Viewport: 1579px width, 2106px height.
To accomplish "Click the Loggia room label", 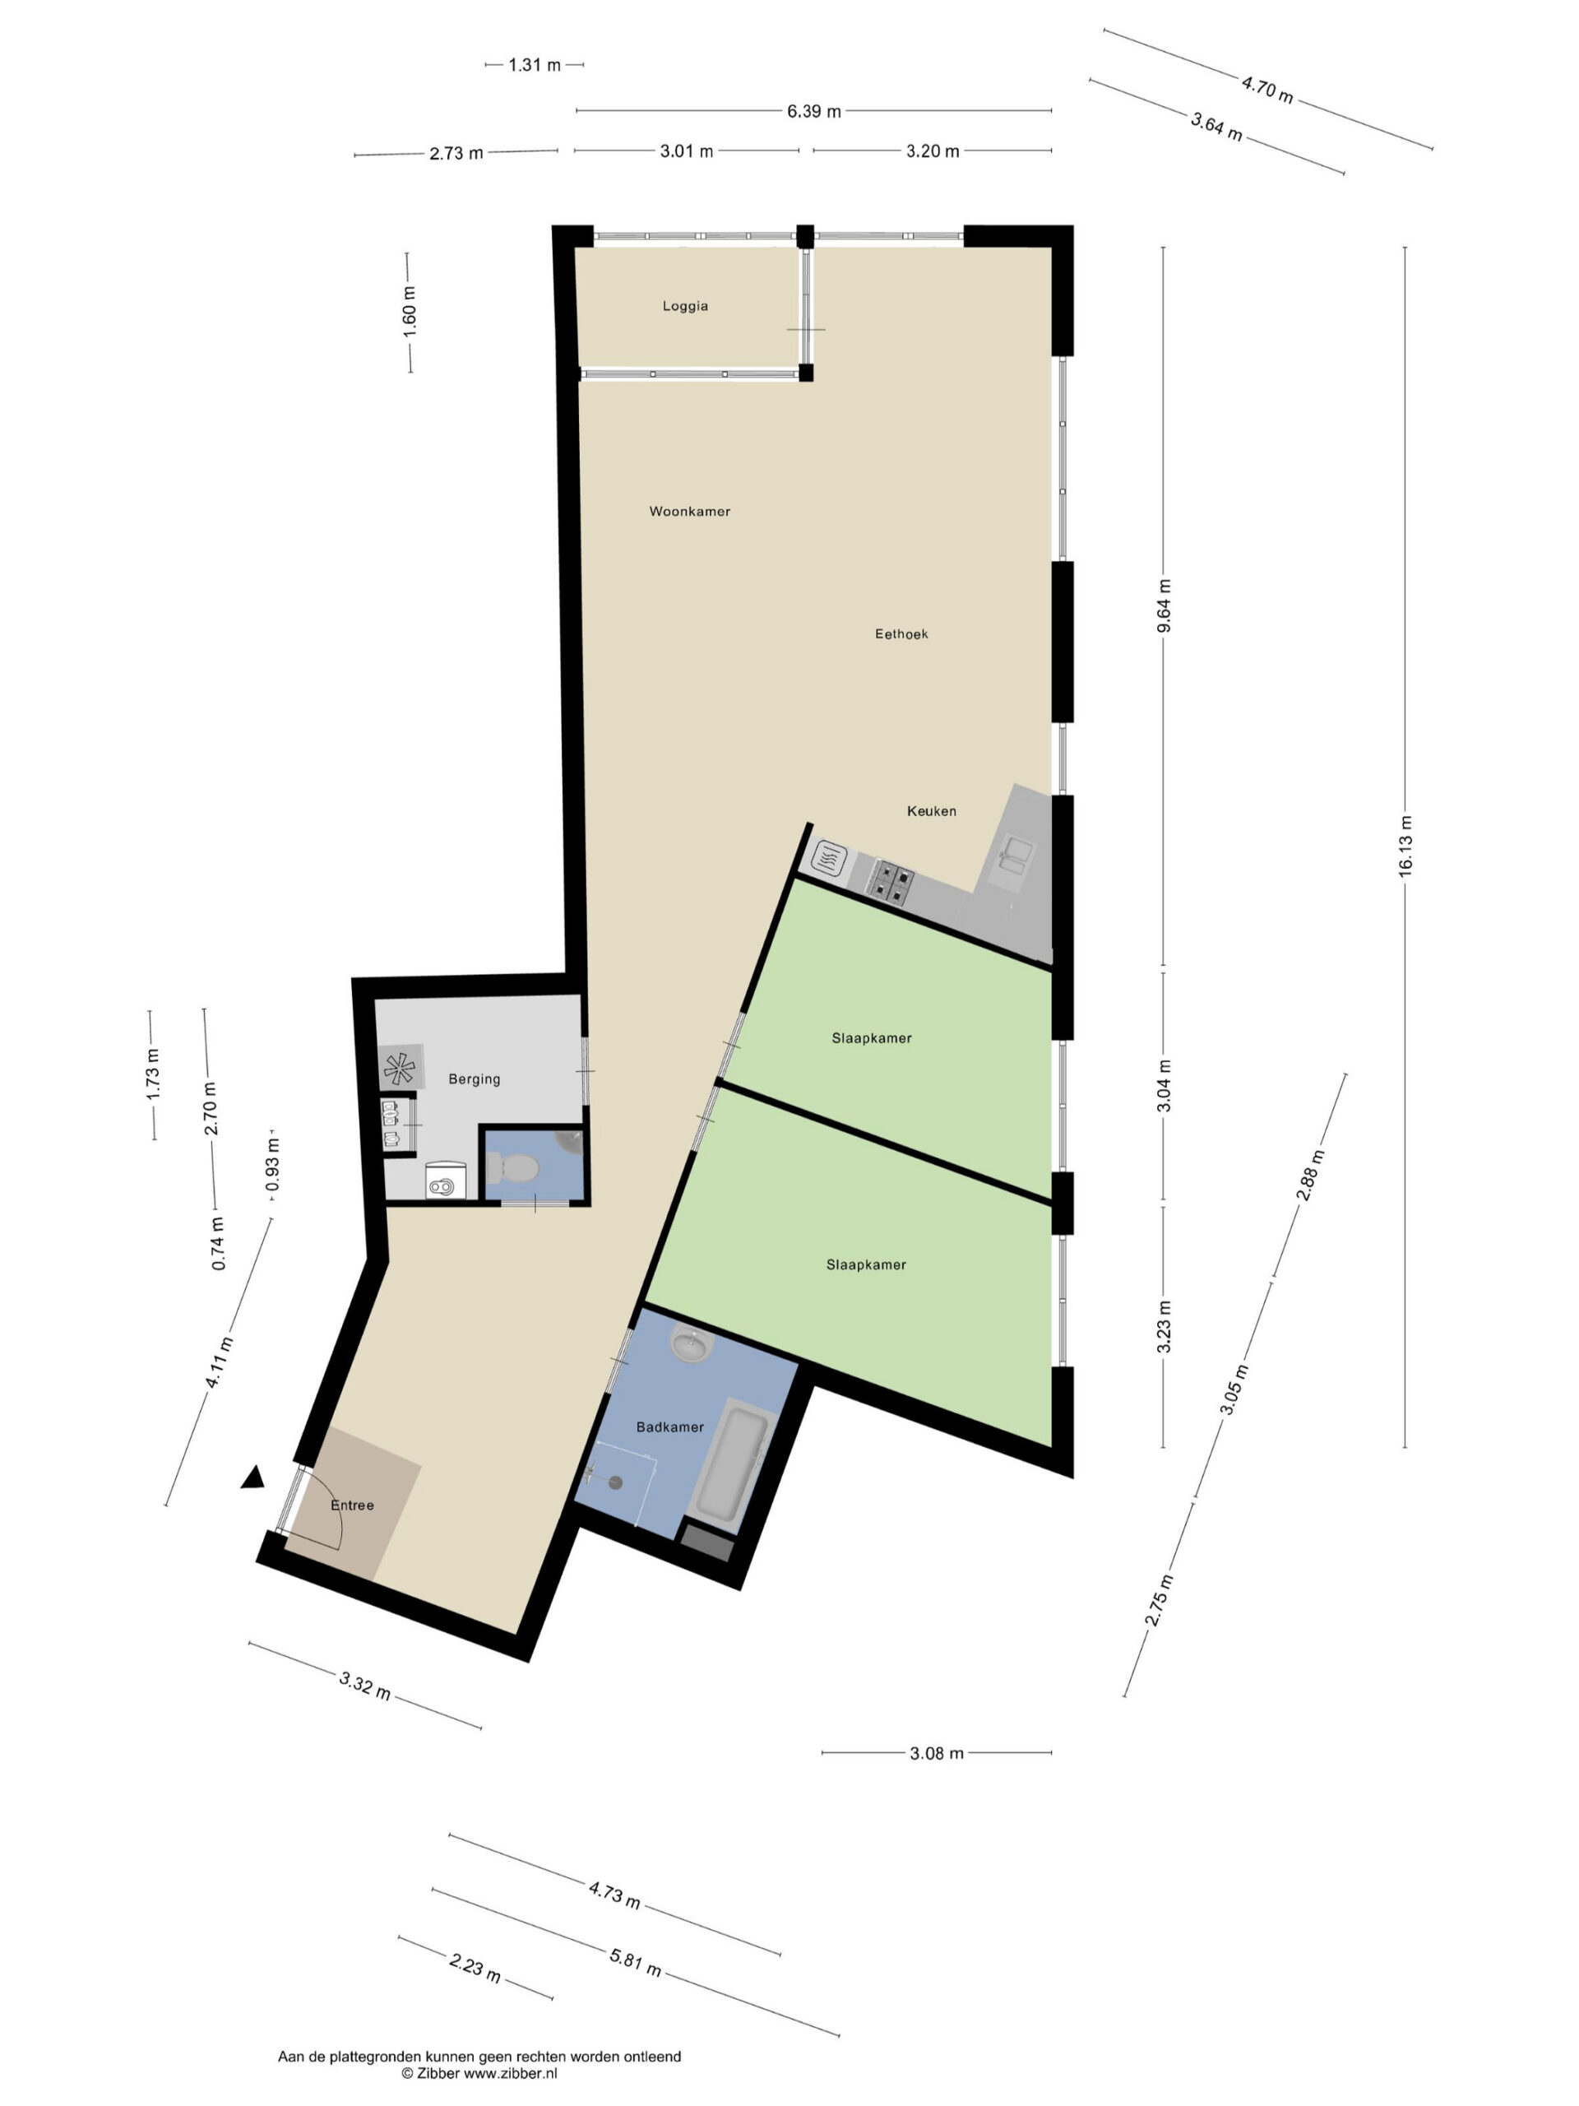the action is click(685, 306).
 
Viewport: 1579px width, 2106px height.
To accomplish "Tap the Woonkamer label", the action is click(690, 511).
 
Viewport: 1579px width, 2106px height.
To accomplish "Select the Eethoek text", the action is click(901, 633).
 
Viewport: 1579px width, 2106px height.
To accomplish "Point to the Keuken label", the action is click(932, 810).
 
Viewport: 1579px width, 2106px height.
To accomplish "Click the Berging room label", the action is click(474, 1079).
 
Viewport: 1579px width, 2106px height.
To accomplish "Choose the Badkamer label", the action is click(670, 1426).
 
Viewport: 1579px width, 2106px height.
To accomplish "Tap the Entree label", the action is click(352, 1505).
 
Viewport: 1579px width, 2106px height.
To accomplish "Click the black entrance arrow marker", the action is click(252, 1477).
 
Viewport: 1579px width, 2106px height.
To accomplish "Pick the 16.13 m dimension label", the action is click(1405, 846).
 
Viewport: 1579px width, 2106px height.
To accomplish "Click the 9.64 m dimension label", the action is click(1164, 605).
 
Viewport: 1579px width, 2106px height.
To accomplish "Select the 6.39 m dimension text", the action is click(814, 111).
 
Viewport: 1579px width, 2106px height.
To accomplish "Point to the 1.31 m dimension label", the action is click(535, 65).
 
